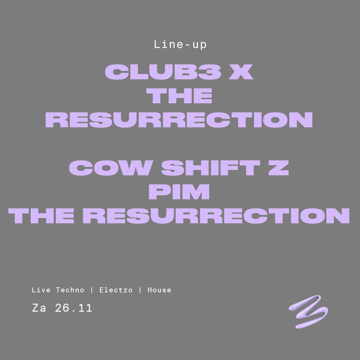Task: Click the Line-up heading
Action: pyautogui.click(x=180, y=44)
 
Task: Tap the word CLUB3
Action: pyautogui.click(x=163, y=72)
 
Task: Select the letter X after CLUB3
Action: pyautogui.click(x=241, y=72)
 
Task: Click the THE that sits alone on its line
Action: pyautogui.click(x=179, y=96)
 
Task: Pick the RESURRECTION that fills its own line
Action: pyautogui.click(x=179, y=120)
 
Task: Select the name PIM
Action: pyautogui.click(x=179, y=192)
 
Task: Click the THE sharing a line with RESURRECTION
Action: pyautogui.click(x=42, y=216)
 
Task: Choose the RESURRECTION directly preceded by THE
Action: pyautogui.click(x=220, y=216)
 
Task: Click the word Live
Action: pyautogui.click(x=41, y=290)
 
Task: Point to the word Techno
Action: pyautogui.click(x=70, y=290)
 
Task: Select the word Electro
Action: pyautogui.click(x=116, y=290)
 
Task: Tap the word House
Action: pyautogui.click(x=159, y=290)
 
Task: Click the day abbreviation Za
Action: pyautogui.click(x=39, y=308)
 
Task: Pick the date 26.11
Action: pyautogui.click(x=74, y=308)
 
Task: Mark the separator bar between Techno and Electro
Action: pyautogui.click(x=92, y=290)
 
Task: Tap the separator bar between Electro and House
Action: pyautogui.click(x=140, y=290)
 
